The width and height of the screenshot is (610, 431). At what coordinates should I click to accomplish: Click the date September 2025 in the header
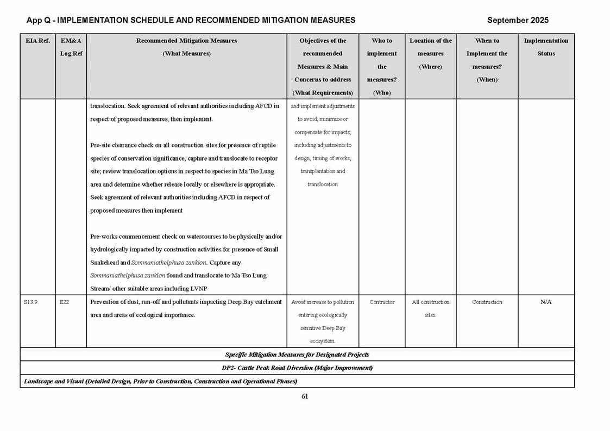pyautogui.click(x=517, y=20)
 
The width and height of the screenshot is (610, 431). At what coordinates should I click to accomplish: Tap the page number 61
pyautogui.click(x=305, y=396)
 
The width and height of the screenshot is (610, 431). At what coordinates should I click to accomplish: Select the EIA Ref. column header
pyautogui.click(x=37, y=41)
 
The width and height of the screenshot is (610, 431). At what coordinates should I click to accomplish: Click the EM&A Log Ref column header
pyautogui.click(x=71, y=47)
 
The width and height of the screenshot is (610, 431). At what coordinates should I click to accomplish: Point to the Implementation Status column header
pyautogui.click(x=546, y=47)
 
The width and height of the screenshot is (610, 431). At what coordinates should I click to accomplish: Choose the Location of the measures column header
pyautogui.click(x=430, y=54)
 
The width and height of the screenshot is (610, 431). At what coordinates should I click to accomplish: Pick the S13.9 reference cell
pyautogui.click(x=31, y=302)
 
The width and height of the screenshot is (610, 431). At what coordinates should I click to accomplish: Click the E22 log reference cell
pyautogui.click(x=65, y=302)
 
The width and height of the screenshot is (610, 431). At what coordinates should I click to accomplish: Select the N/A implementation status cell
pyautogui.click(x=546, y=302)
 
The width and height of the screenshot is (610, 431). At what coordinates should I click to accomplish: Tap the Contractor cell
pyautogui.click(x=382, y=302)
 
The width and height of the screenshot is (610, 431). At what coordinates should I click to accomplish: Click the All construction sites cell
pyautogui.click(x=430, y=308)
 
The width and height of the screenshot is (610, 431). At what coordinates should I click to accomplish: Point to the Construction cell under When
pyautogui.click(x=487, y=302)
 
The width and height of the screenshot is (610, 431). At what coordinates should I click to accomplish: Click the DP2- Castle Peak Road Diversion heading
pyautogui.click(x=297, y=367)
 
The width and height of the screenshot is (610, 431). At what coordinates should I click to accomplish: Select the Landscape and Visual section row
pyautogui.click(x=160, y=381)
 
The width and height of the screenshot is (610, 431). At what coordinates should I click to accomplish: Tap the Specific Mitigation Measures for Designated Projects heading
pyautogui.click(x=297, y=354)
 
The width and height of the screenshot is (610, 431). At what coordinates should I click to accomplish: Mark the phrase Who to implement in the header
pyautogui.click(x=382, y=47)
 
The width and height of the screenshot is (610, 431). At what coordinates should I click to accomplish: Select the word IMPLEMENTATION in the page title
pyautogui.click(x=92, y=20)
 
